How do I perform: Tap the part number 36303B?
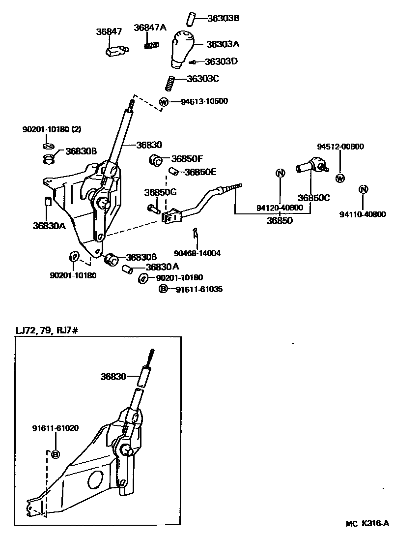click(223, 18)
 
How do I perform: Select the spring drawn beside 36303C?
click(169, 83)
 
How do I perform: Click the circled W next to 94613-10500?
click(164, 102)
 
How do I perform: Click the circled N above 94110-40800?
click(363, 189)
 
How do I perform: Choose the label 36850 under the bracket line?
click(280, 221)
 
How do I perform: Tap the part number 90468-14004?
click(197, 254)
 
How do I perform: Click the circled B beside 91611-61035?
click(162, 290)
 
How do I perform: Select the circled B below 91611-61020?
click(56, 454)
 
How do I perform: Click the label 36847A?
click(150, 28)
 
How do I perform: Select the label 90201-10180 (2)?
click(52, 129)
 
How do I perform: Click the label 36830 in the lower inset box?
click(113, 377)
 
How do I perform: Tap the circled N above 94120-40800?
click(280, 173)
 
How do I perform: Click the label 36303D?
click(221, 61)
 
